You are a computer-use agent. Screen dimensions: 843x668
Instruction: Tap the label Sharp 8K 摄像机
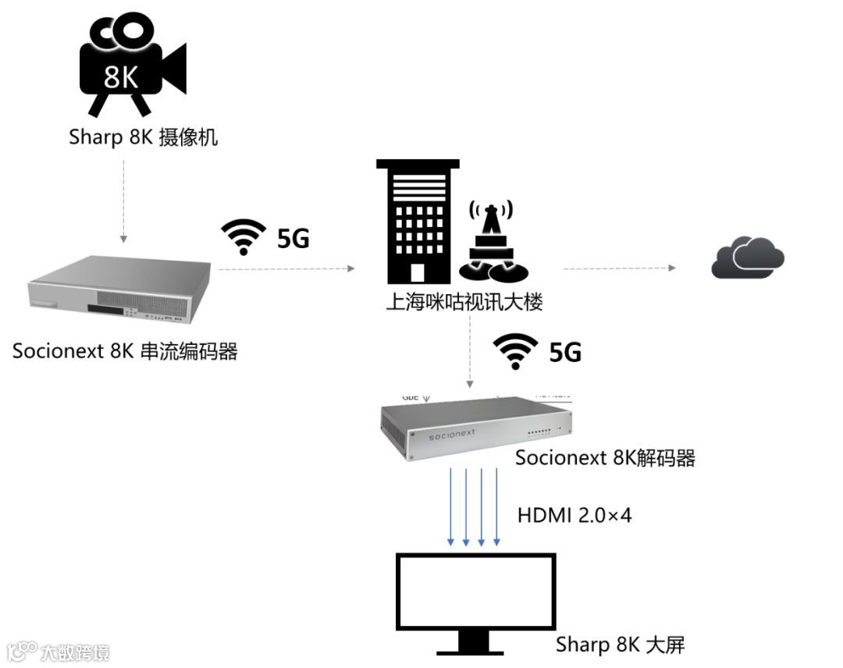(144, 138)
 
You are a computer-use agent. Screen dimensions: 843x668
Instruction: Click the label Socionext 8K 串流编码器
(125, 351)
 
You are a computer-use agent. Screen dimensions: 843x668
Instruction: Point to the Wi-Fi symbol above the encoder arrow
(244, 236)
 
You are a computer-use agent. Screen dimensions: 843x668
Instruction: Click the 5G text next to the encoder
(293, 238)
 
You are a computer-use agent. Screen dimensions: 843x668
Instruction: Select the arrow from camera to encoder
(123, 200)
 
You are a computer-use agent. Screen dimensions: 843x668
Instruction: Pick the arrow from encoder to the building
(286, 268)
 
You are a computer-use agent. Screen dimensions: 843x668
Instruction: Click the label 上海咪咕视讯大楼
(464, 302)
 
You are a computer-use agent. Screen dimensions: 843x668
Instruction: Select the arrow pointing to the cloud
(619, 268)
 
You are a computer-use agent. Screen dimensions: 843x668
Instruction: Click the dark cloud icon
(747, 258)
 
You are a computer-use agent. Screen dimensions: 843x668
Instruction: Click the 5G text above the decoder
(565, 352)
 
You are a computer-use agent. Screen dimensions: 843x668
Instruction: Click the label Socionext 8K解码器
(605, 457)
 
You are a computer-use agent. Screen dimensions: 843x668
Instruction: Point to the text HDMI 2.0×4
(574, 515)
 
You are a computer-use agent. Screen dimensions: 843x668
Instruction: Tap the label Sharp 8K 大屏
(620, 645)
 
